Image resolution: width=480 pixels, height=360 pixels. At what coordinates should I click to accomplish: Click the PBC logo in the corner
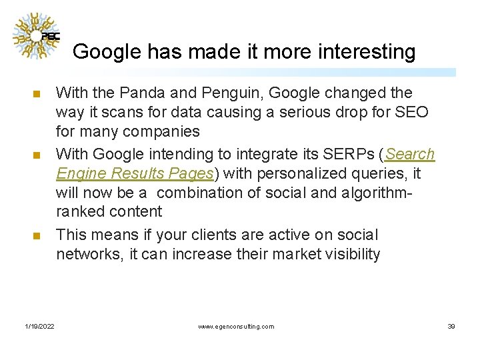click(x=38, y=36)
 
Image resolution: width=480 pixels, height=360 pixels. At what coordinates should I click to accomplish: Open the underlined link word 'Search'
click(x=410, y=155)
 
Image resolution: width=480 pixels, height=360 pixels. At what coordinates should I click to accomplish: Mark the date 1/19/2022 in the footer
click(x=41, y=327)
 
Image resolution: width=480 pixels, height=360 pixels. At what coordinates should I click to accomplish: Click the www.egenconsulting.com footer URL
click(x=236, y=327)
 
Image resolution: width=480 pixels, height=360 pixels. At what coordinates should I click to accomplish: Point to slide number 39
click(x=451, y=327)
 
